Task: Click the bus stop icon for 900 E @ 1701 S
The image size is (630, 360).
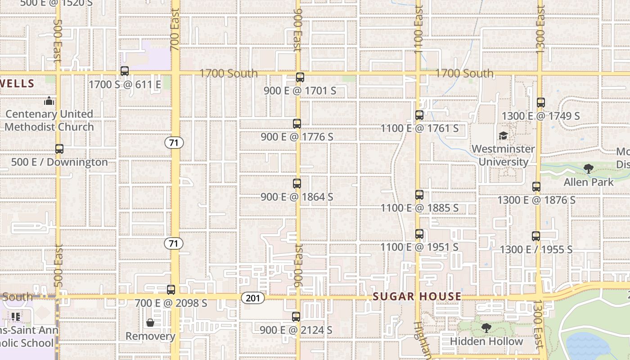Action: [300, 77]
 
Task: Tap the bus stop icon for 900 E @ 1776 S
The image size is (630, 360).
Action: [297, 123]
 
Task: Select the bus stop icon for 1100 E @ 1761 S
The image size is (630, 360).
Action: [419, 115]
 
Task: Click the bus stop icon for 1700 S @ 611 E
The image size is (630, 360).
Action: [125, 71]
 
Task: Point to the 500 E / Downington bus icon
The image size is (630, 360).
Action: [59, 149]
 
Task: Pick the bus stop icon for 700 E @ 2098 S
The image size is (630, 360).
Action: [171, 290]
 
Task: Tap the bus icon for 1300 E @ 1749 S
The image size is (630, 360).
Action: [541, 103]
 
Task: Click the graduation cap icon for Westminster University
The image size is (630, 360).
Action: [503, 136]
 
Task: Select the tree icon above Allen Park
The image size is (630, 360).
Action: [588, 169]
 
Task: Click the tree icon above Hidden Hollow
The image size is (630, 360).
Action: [486, 328]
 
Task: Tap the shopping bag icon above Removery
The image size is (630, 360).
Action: [150, 323]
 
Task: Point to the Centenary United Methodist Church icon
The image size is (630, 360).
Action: [49, 101]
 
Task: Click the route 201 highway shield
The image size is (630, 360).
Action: [253, 298]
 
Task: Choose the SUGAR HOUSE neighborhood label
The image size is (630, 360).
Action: [417, 297]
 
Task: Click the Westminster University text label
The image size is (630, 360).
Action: [503, 155]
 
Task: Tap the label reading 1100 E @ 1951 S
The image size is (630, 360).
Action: [419, 247]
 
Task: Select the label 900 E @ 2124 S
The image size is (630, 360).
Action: [296, 330]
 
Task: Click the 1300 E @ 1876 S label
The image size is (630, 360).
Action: [536, 200]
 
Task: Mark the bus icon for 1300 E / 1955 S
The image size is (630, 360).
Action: [536, 236]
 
